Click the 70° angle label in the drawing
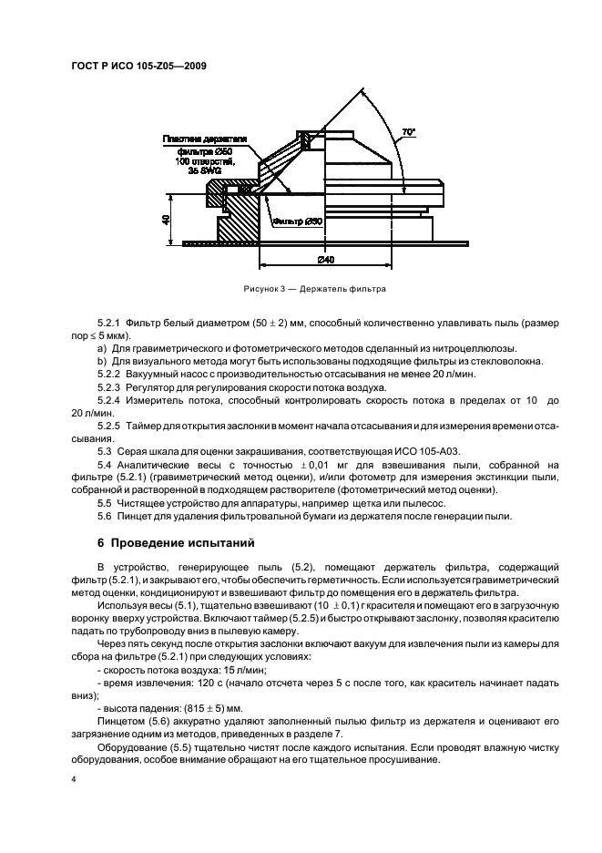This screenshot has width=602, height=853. [410, 133]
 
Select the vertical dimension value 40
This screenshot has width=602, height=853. [165, 221]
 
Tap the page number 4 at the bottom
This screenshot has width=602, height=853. [75, 780]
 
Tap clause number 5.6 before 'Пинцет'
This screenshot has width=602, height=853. [105, 517]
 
